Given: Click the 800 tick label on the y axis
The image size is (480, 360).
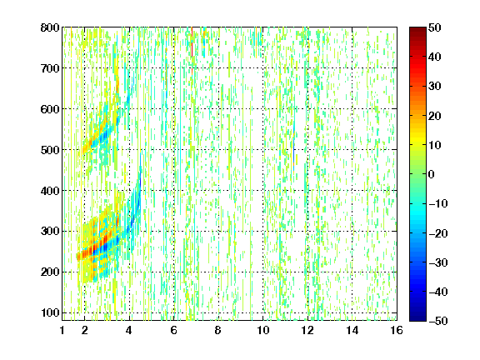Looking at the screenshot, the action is (x=50, y=27).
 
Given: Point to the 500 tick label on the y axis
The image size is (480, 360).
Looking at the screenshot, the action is (x=50, y=150).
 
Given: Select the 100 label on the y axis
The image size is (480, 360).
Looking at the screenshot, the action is (x=50, y=312).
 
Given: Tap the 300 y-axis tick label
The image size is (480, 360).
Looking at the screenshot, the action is (x=50, y=232).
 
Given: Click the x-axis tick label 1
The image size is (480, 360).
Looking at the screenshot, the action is (x=62, y=330).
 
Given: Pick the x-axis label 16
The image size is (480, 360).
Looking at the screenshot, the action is (x=397, y=330).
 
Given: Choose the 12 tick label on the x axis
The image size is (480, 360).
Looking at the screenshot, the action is (x=307, y=330).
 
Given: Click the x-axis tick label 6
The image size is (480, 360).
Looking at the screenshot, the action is (x=174, y=330).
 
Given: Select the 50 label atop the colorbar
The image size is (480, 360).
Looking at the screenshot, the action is (x=434, y=27).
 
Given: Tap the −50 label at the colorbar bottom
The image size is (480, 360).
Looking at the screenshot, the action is (x=438, y=321).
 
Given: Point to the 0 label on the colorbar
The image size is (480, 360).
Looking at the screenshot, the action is (x=432, y=174).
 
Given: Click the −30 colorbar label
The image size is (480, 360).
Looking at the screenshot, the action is (x=438, y=262).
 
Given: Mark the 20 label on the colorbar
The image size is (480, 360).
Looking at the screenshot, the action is (x=434, y=116).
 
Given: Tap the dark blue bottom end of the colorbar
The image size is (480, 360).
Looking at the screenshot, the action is (x=417, y=318).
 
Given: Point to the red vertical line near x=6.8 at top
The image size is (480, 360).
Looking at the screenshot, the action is (x=192, y=42).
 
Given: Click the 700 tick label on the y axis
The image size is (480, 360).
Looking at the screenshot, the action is (x=50, y=68).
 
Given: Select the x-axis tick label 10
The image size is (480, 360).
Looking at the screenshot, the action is (x=262, y=330).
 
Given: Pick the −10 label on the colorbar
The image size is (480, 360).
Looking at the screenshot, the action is (x=438, y=203).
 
